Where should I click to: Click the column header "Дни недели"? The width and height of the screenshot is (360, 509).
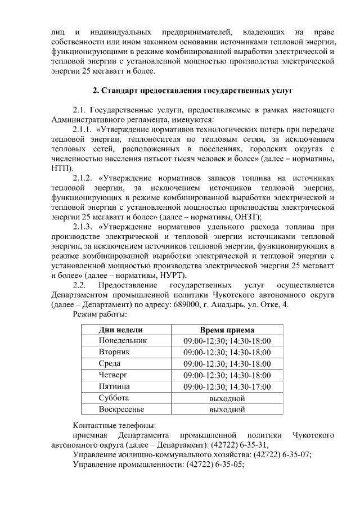(x=120, y=330)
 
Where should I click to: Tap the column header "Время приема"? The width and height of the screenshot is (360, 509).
(x=227, y=330)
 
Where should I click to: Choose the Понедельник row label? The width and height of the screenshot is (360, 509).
(x=122, y=341)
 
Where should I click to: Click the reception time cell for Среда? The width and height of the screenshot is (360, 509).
(x=227, y=364)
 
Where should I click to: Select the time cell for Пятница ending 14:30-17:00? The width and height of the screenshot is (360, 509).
(x=227, y=387)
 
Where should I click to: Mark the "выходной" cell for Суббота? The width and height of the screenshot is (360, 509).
(x=227, y=398)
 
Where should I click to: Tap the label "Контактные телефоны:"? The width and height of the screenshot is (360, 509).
(x=114, y=425)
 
